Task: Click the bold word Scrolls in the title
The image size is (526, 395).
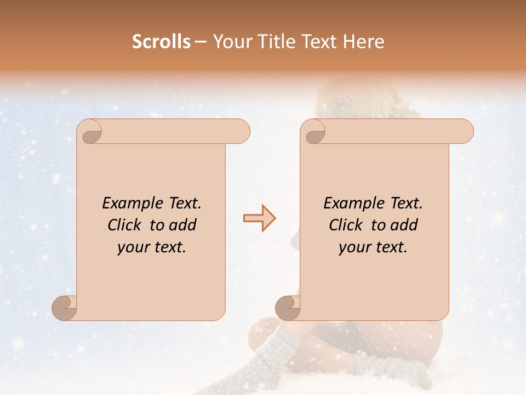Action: [x=162, y=42]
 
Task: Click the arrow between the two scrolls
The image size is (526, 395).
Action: [x=259, y=218]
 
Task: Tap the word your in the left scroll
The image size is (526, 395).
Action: [x=133, y=247]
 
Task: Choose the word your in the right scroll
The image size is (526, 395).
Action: [x=355, y=247]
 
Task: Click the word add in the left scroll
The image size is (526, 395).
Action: [x=184, y=225]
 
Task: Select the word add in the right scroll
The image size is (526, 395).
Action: [x=405, y=225]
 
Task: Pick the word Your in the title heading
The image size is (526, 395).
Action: [x=230, y=42]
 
